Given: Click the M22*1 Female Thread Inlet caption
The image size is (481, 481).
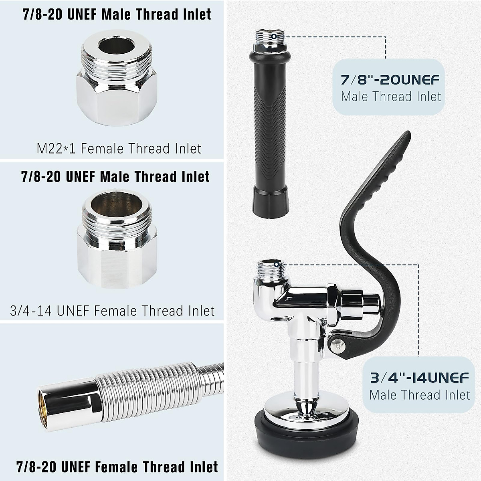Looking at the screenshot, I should [119, 149].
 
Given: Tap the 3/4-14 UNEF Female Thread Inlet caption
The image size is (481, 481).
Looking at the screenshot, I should [112, 311].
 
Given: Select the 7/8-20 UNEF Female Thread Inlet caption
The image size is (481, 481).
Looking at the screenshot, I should [117, 467].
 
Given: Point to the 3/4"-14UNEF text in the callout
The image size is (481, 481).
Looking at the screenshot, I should [420, 378].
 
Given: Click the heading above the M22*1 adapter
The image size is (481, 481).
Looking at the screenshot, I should [116, 14].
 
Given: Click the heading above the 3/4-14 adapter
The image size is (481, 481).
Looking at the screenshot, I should [115, 176].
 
